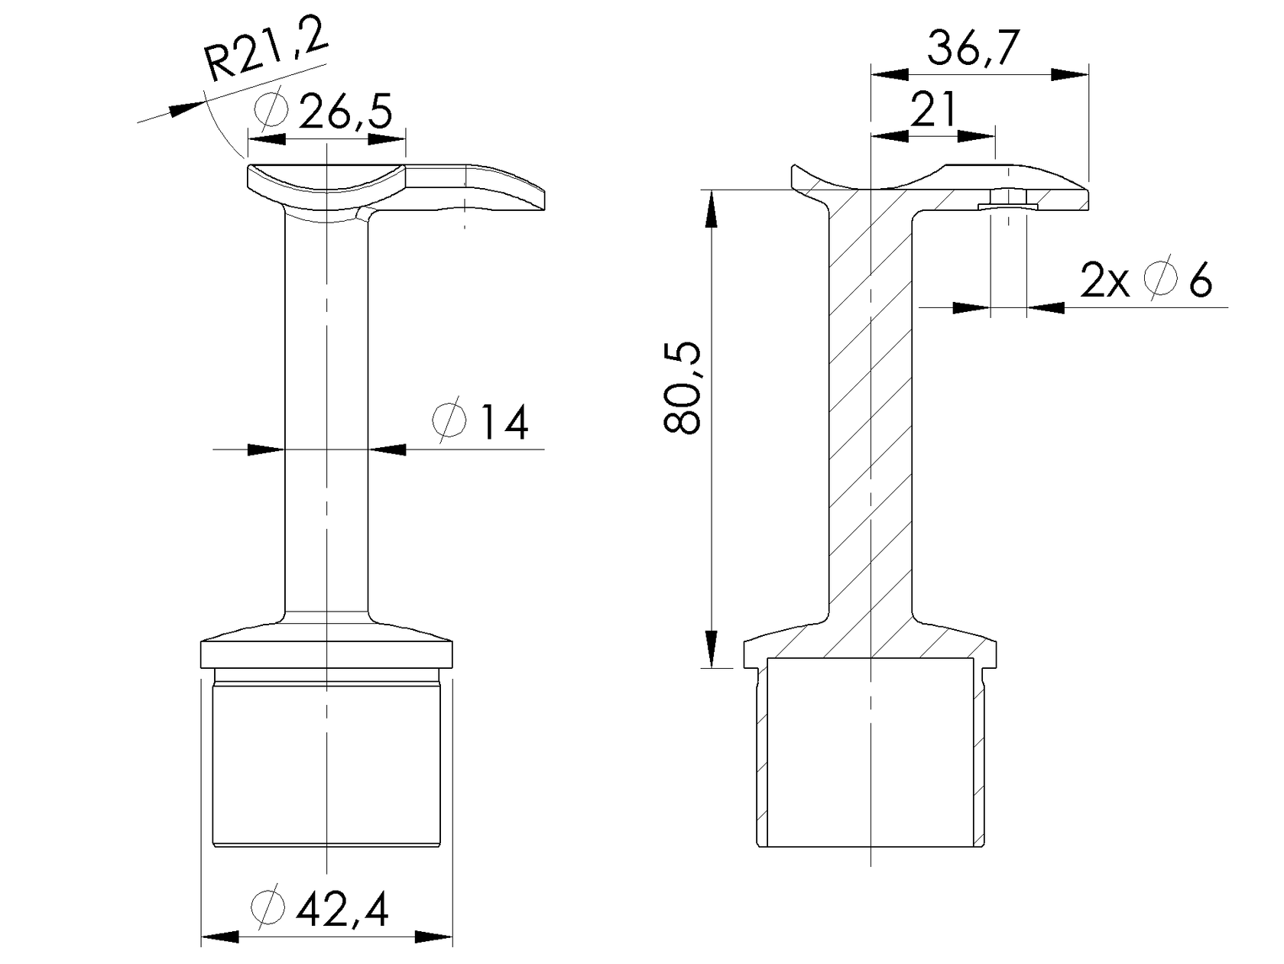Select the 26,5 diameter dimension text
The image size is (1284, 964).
(345, 113)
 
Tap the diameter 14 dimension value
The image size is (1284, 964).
(502, 423)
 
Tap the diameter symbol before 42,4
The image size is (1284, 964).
(267, 909)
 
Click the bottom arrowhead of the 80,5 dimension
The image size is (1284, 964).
(711, 650)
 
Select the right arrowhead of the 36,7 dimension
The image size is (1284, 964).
(1070, 75)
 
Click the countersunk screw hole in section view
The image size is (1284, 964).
(1007, 200)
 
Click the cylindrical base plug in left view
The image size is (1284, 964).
(326, 764)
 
